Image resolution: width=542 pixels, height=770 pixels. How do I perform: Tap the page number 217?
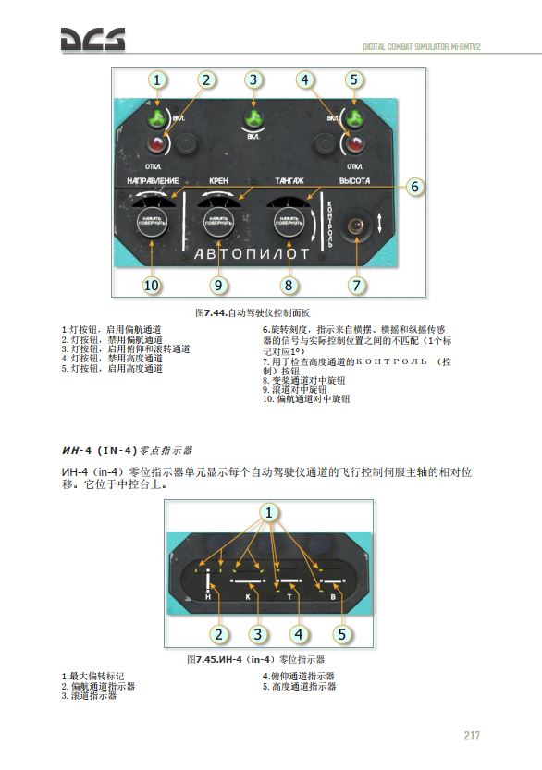(471, 736)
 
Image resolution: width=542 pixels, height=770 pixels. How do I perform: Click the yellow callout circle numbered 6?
(415, 186)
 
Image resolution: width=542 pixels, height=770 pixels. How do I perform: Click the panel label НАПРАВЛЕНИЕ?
(146, 181)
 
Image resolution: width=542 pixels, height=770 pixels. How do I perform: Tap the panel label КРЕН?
(218, 181)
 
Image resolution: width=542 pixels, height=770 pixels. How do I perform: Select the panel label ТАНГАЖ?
(283, 181)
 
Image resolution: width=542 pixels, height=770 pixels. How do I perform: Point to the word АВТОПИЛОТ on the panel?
(252, 253)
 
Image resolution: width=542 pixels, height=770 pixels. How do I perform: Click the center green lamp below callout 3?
(248, 117)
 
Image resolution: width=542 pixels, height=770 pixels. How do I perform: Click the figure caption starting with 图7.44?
(252, 314)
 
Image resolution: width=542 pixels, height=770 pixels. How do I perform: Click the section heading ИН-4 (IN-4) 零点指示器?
(127, 449)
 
